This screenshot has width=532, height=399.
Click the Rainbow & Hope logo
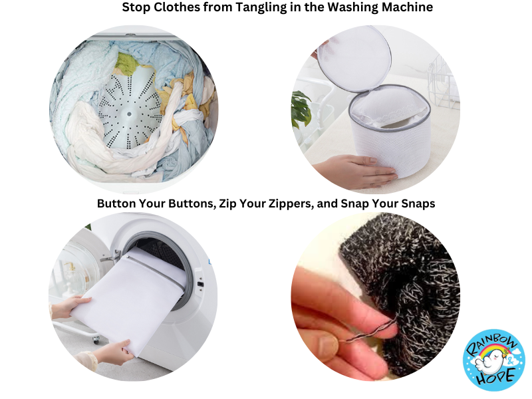494,358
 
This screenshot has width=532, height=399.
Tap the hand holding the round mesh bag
354,170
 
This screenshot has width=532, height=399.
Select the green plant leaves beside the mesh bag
301,108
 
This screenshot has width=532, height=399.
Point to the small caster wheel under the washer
96,338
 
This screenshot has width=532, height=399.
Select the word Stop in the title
136,7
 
